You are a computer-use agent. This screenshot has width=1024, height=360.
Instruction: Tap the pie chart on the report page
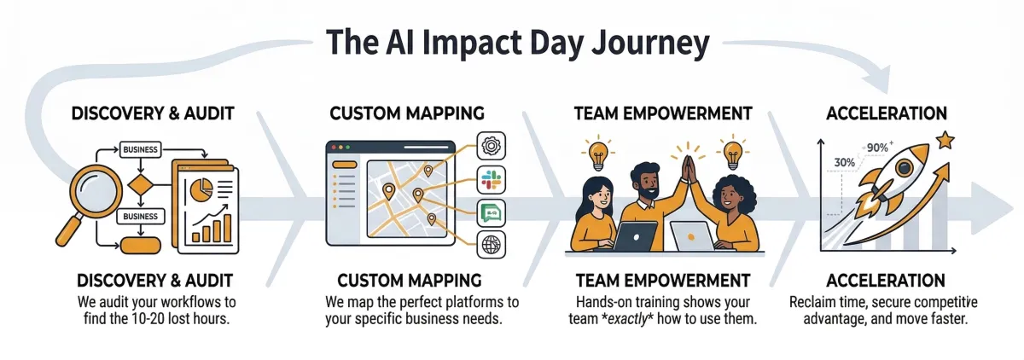point(202,187)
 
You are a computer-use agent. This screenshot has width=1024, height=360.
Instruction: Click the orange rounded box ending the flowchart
point(141,246)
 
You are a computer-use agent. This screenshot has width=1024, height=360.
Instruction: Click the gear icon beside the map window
point(492,144)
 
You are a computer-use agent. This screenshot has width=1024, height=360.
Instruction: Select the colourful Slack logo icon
point(492,178)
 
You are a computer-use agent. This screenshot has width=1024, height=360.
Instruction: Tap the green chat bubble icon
point(492,212)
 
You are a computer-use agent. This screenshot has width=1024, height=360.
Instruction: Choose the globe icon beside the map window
point(492,244)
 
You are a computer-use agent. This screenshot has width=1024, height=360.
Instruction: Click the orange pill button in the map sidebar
point(343,164)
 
